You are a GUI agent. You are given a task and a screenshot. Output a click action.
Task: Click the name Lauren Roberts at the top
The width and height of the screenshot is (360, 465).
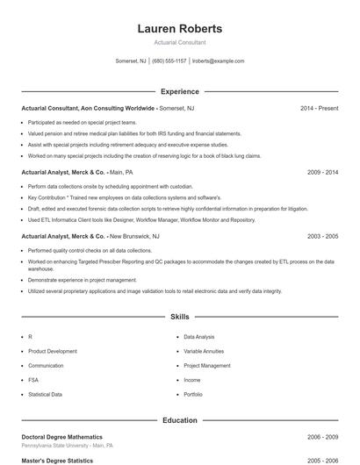click(x=180, y=29)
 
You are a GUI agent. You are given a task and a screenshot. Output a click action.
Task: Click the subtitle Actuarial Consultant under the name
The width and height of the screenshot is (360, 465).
click(x=180, y=42)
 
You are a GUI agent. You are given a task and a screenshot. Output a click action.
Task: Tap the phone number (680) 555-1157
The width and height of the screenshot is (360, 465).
click(x=169, y=61)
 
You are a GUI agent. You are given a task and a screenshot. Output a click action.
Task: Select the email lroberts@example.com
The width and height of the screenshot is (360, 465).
click(x=218, y=61)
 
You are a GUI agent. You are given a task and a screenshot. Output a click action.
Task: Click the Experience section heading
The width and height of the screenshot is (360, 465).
click(x=179, y=91)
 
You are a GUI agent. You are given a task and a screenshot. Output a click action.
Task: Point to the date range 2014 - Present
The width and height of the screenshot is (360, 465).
click(x=319, y=108)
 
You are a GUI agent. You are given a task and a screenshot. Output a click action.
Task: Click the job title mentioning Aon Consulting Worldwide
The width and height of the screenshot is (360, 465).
click(x=89, y=108)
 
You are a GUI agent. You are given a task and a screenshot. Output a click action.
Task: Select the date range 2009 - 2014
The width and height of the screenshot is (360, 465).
click(x=322, y=173)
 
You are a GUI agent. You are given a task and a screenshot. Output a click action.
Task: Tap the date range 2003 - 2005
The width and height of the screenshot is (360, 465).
click(x=322, y=237)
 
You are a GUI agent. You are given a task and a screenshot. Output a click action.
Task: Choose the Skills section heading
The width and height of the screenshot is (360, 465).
click(x=179, y=316)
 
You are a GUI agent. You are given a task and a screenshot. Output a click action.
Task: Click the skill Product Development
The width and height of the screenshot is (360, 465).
click(x=52, y=351)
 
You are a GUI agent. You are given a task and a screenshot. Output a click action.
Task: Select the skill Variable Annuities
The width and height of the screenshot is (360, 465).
click(x=204, y=351)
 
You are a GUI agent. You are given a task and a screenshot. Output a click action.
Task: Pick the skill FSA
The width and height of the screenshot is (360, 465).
click(x=32, y=380)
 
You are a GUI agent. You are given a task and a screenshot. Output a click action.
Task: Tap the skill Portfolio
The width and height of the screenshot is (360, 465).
click(x=193, y=394)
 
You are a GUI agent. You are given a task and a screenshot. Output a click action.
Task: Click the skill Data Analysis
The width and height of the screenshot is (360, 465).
click(x=198, y=337)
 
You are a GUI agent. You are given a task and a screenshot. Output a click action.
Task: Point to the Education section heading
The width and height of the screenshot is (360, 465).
click(x=179, y=420)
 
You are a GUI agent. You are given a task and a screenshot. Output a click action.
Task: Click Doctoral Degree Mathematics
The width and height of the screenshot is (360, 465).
click(x=61, y=437)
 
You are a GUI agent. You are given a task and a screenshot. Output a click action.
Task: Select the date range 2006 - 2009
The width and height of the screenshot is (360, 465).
click(x=322, y=437)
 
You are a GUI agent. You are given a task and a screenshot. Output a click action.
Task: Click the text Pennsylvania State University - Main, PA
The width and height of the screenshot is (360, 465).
click(x=67, y=446)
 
